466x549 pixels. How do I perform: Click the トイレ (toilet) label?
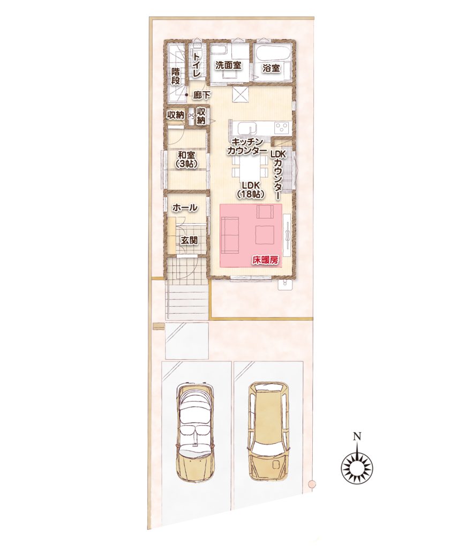[197, 64]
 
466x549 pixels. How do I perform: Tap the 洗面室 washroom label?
[228, 65]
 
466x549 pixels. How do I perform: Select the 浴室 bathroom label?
[272, 68]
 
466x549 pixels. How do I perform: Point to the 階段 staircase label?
[176, 76]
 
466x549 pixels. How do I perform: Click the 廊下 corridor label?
[202, 94]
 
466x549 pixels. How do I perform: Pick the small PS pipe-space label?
[191, 116]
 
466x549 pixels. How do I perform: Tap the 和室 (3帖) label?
[186, 159]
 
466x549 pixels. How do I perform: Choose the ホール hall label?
[185, 207]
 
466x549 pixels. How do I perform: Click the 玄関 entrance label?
[189, 240]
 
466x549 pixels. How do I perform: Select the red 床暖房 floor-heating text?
[265, 260]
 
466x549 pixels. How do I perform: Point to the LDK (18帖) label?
[250, 189]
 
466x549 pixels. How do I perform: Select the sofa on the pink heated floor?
[229, 234]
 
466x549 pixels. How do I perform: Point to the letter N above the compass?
[357, 436]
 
